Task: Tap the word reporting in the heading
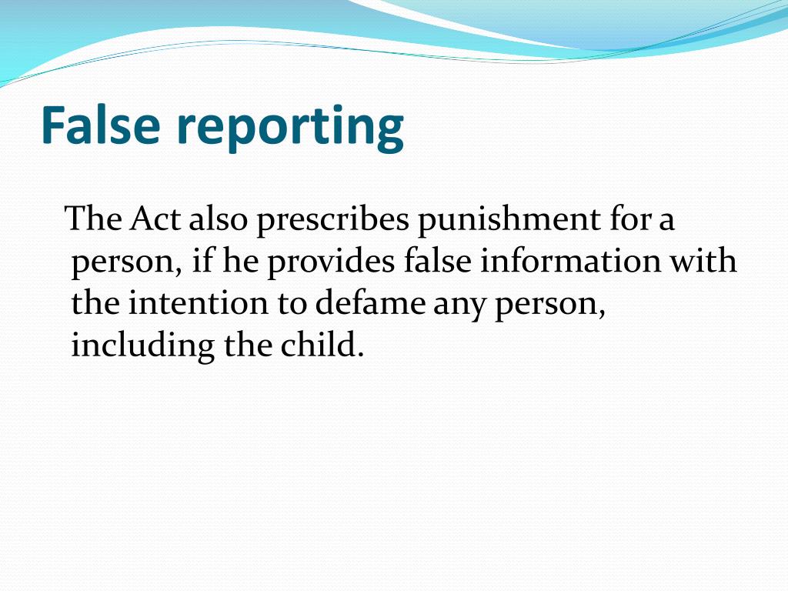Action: point(290,128)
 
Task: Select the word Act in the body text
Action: point(155,219)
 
